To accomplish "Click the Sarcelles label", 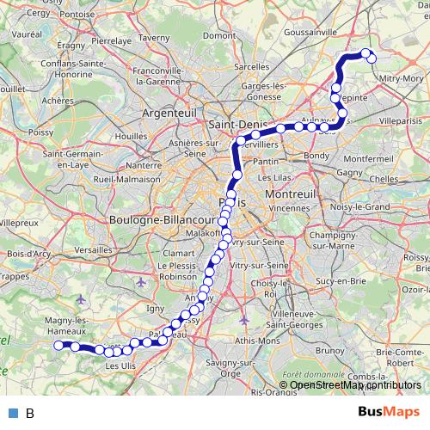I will (x=251, y=65).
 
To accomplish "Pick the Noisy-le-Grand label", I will (x=365, y=206).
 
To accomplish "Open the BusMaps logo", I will (x=388, y=412).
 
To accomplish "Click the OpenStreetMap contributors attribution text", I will (x=354, y=384).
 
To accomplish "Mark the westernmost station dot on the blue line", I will (x=59, y=346).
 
